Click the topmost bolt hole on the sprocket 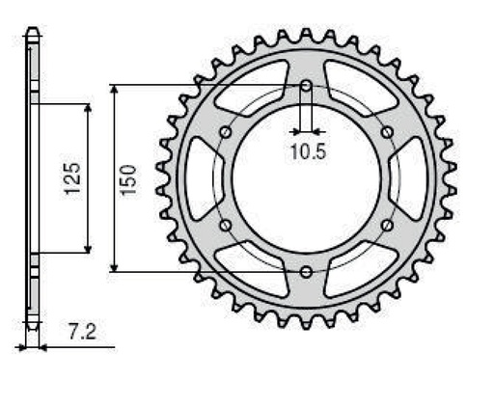pyautogui.click(x=306, y=87)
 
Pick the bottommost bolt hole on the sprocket pyautogui.click(x=306, y=271)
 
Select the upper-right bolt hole pyautogui.click(x=387, y=132)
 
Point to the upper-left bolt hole pyautogui.click(x=226, y=132)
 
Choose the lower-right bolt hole pyautogui.click(x=387, y=226)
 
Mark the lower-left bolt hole pyautogui.click(x=226, y=226)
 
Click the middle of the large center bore pyautogui.click(x=306, y=178)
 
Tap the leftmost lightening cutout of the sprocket pyautogui.click(x=200, y=178)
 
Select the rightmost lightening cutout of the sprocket pyautogui.click(x=413, y=178)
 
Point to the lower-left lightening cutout pyautogui.click(x=253, y=272)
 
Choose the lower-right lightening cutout pyautogui.click(x=360, y=272)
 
